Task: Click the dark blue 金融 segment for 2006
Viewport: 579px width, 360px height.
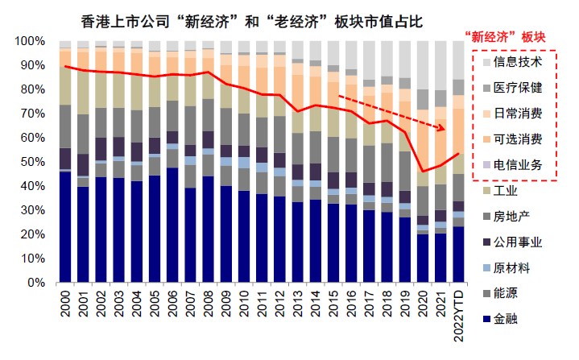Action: [x=172, y=226]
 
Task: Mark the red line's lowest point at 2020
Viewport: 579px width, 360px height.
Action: [x=423, y=171]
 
